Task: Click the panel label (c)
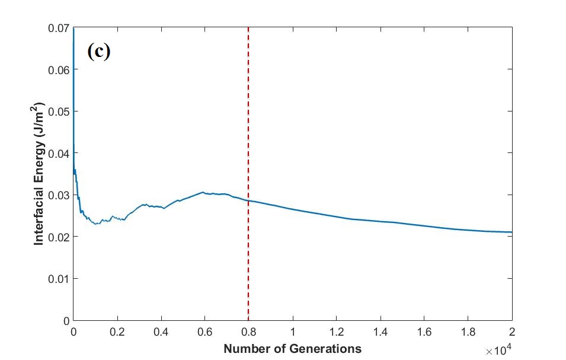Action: [x=98, y=52]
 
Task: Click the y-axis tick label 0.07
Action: [x=57, y=28]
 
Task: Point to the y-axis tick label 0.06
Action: [x=57, y=69]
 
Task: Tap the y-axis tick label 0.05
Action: [x=57, y=111]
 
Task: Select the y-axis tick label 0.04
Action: [x=57, y=153]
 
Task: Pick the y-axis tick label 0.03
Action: [x=57, y=195]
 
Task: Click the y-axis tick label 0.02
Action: [x=57, y=237]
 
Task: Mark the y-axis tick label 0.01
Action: [x=57, y=279]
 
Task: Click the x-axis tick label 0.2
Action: [x=117, y=331]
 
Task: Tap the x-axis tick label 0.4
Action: [x=161, y=331]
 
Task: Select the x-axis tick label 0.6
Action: [x=204, y=331]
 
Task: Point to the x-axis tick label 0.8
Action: [x=248, y=331]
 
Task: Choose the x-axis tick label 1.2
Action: [x=336, y=331]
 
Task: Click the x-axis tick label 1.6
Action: [x=424, y=331]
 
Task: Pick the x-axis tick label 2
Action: [x=511, y=331]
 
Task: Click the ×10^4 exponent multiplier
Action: [x=498, y=351]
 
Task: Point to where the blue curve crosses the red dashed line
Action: [x=248, y=200]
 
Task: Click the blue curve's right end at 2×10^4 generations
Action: [x=511, y=232]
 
